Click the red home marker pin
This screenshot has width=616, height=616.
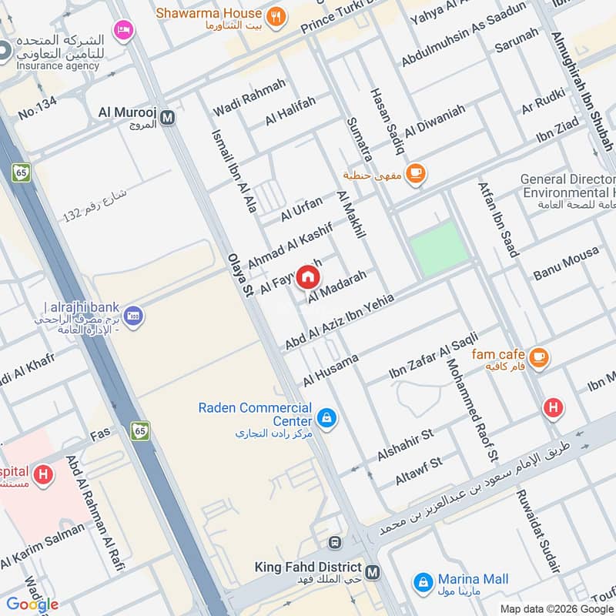click(307, 276)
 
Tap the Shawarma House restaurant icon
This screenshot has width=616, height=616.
click(275, 15)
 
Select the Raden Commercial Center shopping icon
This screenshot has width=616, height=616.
click(326, 418)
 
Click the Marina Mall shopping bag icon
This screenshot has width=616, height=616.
click(422, 582)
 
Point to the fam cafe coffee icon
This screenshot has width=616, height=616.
click(539, 357)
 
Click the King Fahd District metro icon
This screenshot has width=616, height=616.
click(373, 572)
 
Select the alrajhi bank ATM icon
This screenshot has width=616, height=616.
click(133, 316)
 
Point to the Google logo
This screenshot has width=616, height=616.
click(32, 604)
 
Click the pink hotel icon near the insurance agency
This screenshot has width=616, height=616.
click(122, 30)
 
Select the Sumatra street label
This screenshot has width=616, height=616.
click(360, 139)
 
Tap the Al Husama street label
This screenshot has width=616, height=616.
click(331, 370)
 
